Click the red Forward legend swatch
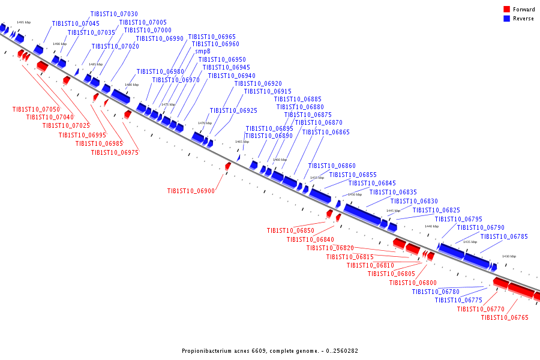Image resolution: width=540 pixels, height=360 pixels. click(506, 9)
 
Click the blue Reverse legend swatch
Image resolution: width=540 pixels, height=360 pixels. click(506, 19)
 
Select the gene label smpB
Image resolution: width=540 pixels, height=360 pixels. click(203, 52)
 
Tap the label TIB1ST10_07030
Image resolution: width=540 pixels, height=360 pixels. click(114, 14)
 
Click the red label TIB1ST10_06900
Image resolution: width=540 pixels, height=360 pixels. click(191, 191)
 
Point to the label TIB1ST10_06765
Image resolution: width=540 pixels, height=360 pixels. click(505, 317)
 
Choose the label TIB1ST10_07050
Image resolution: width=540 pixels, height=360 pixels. click(36, 109)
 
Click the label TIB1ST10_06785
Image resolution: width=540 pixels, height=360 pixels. click(504, 236)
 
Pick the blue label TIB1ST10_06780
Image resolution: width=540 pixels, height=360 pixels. click(436, 292)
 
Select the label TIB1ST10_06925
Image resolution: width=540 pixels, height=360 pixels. click(233, 111)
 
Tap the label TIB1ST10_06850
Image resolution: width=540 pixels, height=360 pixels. click(290, 230)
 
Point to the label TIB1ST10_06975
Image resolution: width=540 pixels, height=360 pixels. click(115, 152)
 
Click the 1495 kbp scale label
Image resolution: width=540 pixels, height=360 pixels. click(23, 23)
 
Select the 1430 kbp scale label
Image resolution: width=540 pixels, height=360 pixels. click(509, 256)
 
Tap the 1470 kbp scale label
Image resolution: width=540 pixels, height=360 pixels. click(205, 123)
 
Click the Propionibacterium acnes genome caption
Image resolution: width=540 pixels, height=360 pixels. click(270, 351)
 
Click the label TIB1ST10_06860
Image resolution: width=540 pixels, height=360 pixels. click(332, 166)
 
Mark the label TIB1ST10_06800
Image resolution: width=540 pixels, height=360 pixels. click(413, 283)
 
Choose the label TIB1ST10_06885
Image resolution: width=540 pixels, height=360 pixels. click(298, 99)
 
